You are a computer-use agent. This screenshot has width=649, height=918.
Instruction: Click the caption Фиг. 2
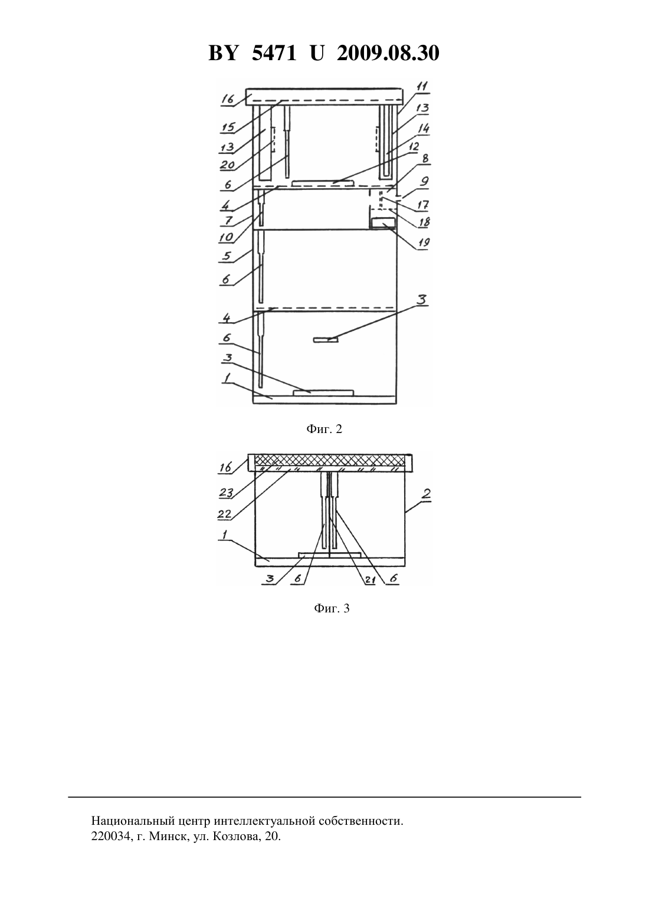(x=324, y=429)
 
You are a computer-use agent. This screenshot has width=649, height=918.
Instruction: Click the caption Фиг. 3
(x=332, y=608)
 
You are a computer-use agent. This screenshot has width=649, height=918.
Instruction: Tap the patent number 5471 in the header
(x=274, y=53)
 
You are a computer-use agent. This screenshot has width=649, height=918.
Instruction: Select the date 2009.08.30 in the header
(x=388, y=53)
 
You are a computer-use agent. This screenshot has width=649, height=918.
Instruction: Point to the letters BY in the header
(x=223, y=53)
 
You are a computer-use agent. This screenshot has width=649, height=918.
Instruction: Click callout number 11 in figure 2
(x=422, y=86)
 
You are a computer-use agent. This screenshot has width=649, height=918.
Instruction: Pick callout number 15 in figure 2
(x=228, y=127)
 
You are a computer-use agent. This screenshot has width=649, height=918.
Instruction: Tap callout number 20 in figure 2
(x=227, y=165)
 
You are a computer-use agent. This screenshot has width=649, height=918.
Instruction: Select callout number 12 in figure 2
(x=414, y=147)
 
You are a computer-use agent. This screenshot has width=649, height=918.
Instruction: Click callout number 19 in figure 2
(x=423, y=242)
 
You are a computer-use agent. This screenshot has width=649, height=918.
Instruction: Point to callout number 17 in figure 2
(x=423, y=204)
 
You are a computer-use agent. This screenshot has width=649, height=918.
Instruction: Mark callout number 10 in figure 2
(x=226, y=237)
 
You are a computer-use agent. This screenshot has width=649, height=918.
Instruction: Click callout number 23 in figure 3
(x=226, y=492)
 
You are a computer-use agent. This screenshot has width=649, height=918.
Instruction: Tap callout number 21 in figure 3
(x=370, y=579)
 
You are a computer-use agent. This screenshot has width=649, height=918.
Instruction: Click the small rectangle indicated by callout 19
(x=383, y=223)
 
